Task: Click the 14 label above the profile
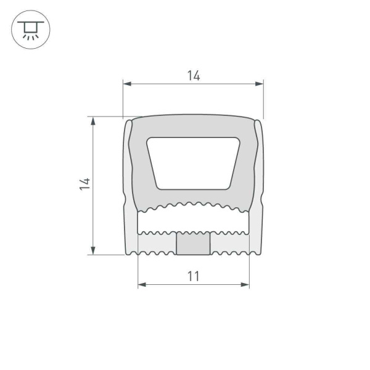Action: tap(193, 76)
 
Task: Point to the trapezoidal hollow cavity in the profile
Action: tap(192, 162)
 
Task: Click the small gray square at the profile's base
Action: tap(193, 244)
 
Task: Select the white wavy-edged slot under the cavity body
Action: tap(193, 222)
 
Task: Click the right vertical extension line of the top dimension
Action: tap(263, 99)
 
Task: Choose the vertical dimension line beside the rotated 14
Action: tap(93, 216)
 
